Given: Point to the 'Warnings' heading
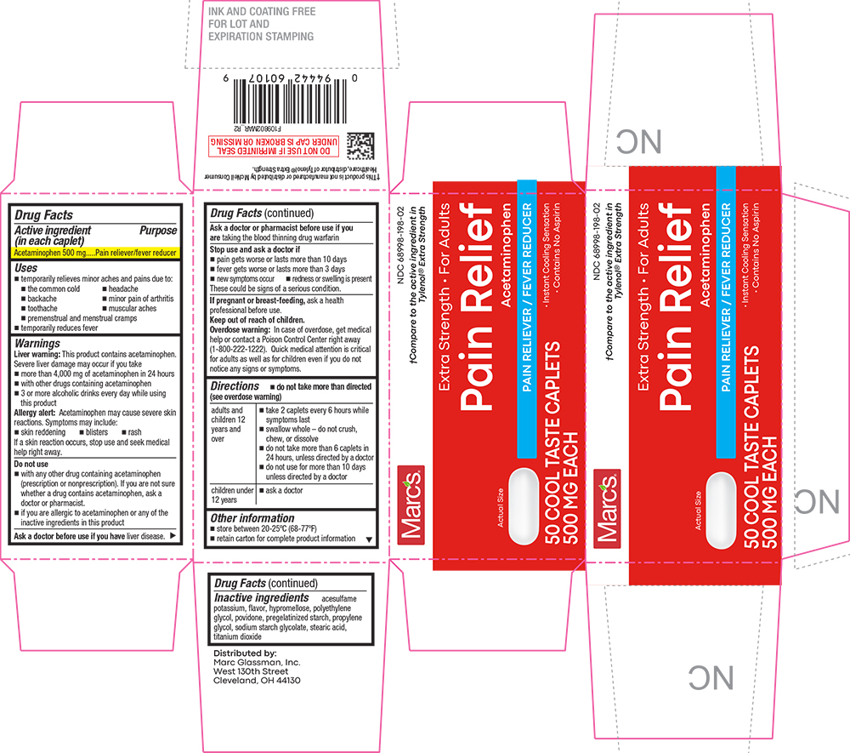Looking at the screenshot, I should click(37, 343).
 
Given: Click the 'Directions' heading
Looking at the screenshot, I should click(229, 386).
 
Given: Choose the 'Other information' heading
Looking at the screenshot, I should click(252, 518).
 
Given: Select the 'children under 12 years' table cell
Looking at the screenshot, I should click(232, 494).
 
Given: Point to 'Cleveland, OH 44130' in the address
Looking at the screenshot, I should click(257, 682).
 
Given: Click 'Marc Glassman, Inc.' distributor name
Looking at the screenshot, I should click(258, 662).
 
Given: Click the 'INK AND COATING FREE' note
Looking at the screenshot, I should click(262, 12).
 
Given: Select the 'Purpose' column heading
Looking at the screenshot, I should click(159, 231).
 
